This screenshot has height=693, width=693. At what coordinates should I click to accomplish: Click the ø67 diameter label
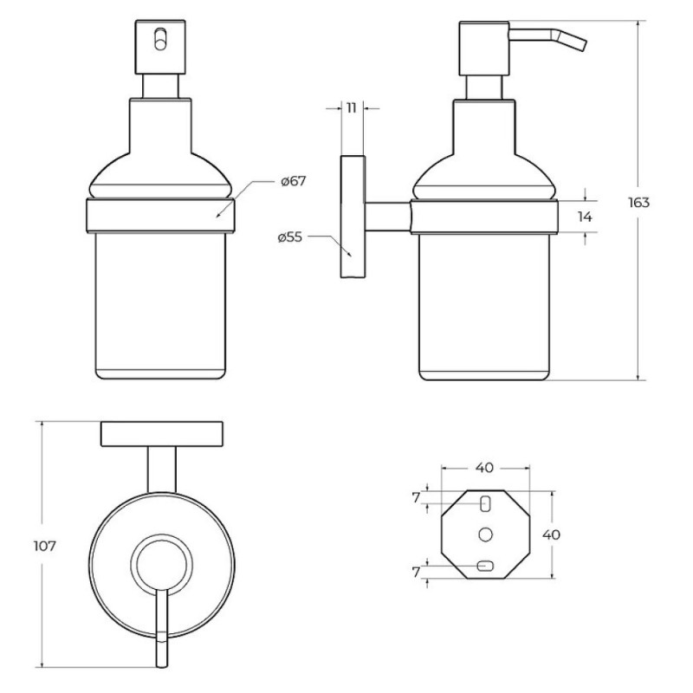294,181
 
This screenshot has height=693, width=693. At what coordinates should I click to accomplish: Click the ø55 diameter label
290,237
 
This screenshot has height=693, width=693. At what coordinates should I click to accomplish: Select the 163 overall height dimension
638,203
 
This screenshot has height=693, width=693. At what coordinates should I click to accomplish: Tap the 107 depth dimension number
45,547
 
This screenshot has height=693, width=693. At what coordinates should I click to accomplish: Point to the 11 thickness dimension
352,107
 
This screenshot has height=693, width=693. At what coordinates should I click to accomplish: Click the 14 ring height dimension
585,217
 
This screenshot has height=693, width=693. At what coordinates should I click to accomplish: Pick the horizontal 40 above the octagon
484,468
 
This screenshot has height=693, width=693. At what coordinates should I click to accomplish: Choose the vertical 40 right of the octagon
551,534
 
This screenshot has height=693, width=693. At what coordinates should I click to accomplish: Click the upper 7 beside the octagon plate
416,498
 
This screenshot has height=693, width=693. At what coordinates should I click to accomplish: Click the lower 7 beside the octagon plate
416,573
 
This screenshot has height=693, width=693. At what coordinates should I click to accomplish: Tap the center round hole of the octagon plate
485,534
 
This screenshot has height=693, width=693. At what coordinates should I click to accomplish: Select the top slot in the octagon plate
485,503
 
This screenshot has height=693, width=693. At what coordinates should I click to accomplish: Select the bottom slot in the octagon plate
485,566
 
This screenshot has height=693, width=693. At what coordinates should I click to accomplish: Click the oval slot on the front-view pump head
160,39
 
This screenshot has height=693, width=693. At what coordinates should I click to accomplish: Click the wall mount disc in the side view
353,217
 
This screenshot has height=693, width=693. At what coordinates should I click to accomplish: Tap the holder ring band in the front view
159,216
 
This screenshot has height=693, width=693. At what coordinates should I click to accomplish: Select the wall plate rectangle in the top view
162,434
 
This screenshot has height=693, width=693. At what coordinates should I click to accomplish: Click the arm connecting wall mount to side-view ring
387,217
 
